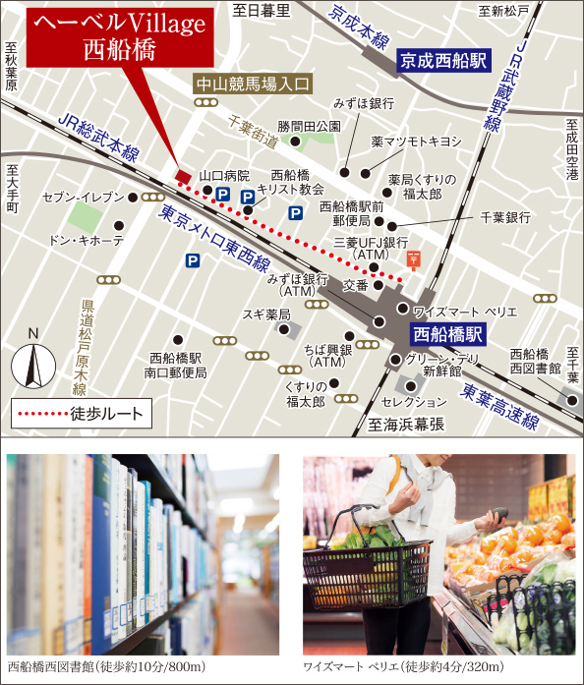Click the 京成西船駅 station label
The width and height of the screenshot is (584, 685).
click(x=443, y=61)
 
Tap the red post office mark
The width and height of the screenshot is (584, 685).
click(x=414, y=259)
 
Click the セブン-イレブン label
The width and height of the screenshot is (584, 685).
click(x=84, y=198)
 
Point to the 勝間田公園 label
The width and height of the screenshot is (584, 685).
click(x=309, y=126)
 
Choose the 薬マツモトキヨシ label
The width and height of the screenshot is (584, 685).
click(x=416, y=142)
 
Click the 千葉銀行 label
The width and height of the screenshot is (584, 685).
click(x=505, y=217)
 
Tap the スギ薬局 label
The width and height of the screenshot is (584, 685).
click(x=266, y=314)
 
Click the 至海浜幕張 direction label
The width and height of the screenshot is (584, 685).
click(x=406, y=425)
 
